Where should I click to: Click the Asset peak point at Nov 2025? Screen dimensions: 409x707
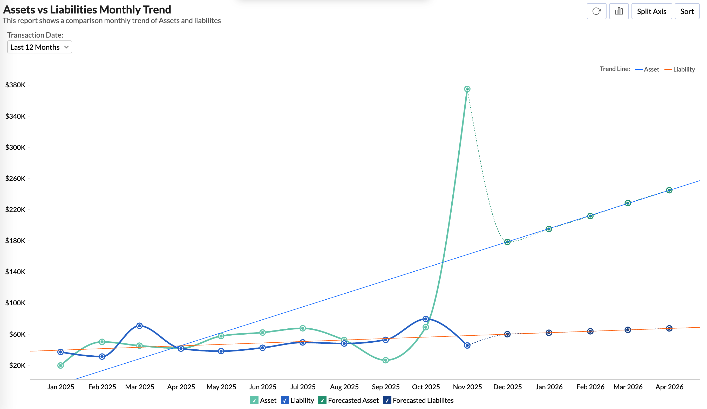pyautogui.click(x=467, y=89)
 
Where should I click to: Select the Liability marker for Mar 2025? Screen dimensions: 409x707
pyautogui.click(x=139, y=326)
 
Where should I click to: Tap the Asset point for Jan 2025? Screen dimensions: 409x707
pyautogui.click(x=60, y=365)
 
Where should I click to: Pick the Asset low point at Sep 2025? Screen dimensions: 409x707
pyautogui.click(x=386, y=360)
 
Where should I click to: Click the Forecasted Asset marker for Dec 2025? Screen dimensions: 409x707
pyautogui.click(x=507, y=242)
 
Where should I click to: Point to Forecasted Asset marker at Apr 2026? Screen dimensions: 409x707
pyautogui.click(x=669, y=190)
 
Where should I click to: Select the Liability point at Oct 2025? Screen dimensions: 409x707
pyautogui.click(x=426, y=319)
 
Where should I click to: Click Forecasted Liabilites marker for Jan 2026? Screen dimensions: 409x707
pyautogui.click(x=549, y=333)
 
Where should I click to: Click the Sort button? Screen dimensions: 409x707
pyautogui.click(x=686, y=11)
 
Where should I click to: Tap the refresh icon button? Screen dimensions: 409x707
pyautogui.click(x=596, y=11)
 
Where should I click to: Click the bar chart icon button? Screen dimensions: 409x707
pyautogui.click(x=619, y=11)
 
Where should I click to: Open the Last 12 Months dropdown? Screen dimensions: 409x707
pyautogui.click(x=39, y=47)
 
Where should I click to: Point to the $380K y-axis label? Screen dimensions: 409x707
pyautogui.click(x=15, y=85)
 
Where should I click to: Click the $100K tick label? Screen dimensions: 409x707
pyautogui.click(x=15, y=303)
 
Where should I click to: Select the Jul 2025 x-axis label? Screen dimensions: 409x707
pyautogui.click(x=303, y=387)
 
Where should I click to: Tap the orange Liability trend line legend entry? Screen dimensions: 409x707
pyautogui.click(x=679, y=69)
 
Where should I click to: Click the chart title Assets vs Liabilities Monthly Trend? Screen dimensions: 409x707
pyautogui.click(x=87, y=10)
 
